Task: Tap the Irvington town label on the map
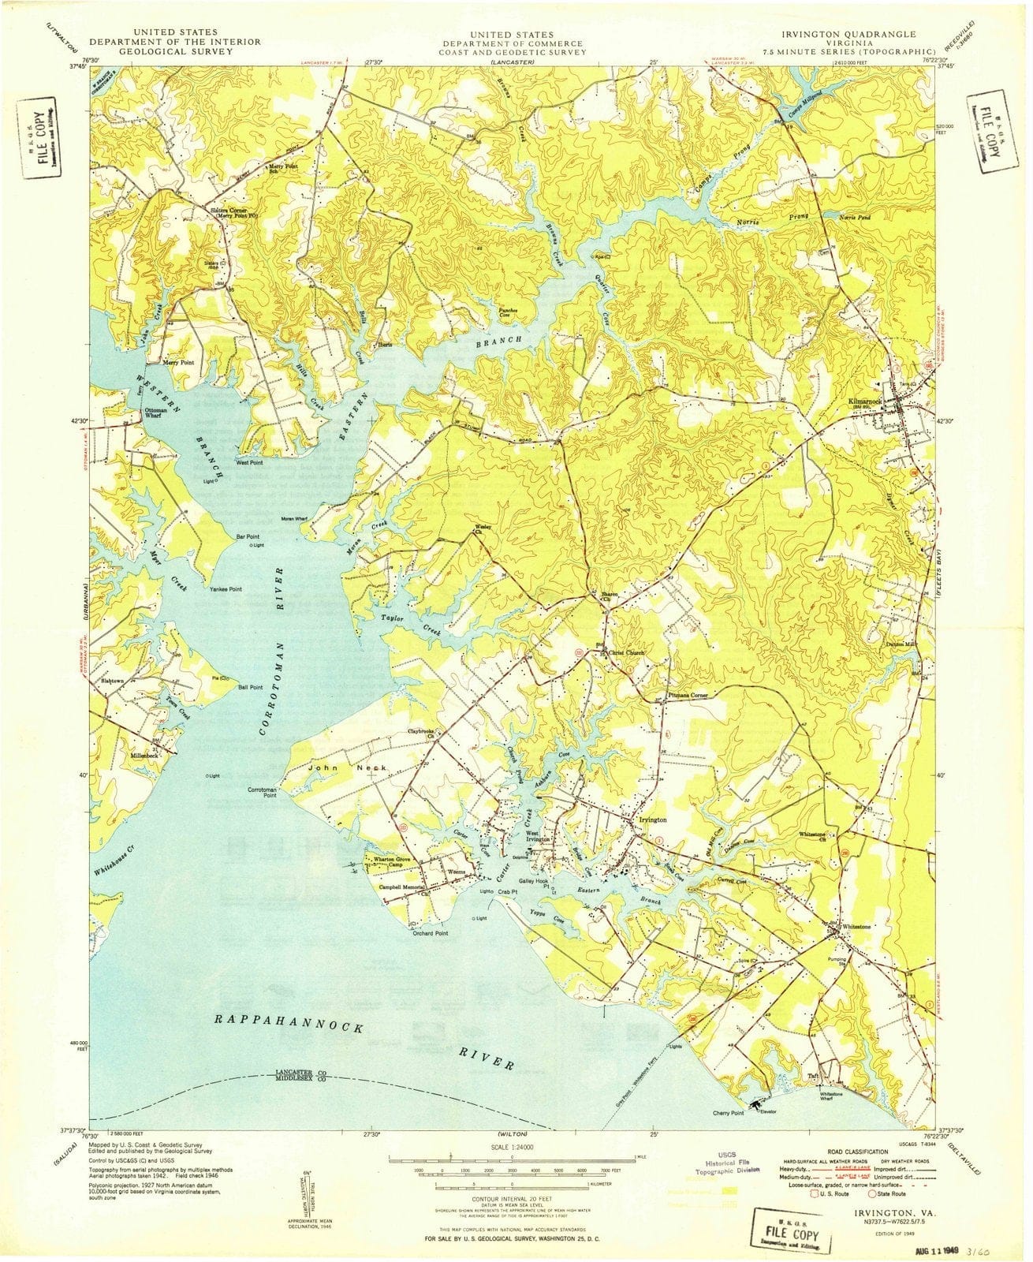coord(652,820)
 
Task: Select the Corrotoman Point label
coord(262,793)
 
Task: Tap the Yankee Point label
coord(226,589)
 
